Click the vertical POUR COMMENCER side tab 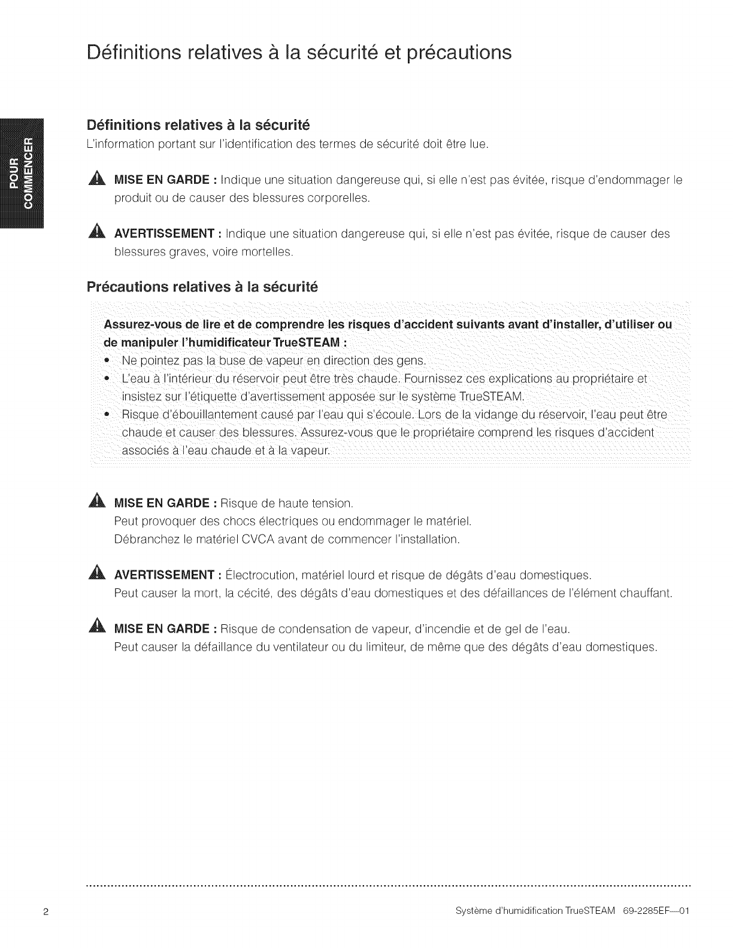pyautogui.click(x=25, y=174)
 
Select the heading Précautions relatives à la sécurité pyautogui.click(x=202, y=287)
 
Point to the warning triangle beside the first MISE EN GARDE pyautogui.click(x=98, y=180)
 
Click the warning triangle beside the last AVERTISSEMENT pyautogui.click(x=98, y=575)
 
